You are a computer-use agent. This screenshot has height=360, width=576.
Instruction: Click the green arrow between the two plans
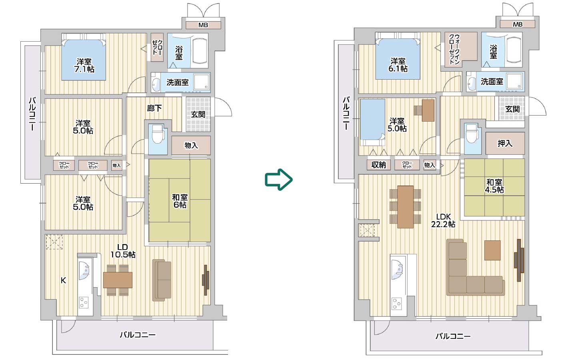coord(279,180)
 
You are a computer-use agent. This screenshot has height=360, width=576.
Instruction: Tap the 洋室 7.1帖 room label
coord(84,65)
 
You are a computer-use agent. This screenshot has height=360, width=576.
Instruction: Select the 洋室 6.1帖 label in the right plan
coord(398,65)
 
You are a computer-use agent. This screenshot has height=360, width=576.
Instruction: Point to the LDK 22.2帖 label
coord(443,220)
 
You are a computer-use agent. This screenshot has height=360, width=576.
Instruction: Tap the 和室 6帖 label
coord(180,201)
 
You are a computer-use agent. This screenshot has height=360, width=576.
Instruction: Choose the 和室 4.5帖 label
coord(494,186)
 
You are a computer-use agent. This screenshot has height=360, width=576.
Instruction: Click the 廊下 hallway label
coord(154,108)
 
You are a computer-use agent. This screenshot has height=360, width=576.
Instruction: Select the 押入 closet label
coord(504,143)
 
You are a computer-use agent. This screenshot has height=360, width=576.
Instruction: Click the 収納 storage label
coord(378,165)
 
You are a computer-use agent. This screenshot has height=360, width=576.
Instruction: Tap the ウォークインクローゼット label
coord(454,50)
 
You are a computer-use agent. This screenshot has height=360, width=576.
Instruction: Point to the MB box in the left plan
coord(203,25)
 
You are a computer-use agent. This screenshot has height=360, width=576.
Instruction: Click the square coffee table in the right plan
coord(492,250)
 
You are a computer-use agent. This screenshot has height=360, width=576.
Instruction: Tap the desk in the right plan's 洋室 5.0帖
coord(428,110)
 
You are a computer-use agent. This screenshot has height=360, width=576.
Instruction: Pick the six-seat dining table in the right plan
coord(405,206)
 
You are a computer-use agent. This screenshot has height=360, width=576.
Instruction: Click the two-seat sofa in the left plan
coord(162,280)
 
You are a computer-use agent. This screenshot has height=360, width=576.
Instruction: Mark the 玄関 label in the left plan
coord(198,114)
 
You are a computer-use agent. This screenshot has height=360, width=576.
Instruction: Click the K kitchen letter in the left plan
coord(63,280)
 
